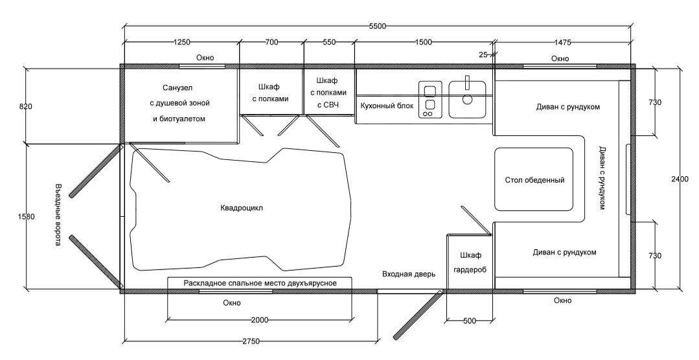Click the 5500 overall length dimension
pyautogui.click(x=377, y=27)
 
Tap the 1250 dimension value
pyautogui.click(x=181, y=42)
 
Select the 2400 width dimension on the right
pyautogui.click(x=680, y=179)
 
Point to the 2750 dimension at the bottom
pyautogui.click(x=251, y=341)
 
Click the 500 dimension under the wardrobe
pyautogui.click(x=470, y=321)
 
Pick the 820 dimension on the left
pyautogui.click(x=26, y=106)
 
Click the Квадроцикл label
pyautogui.click(x=242, y=208)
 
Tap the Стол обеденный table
pyautogui.click(x=534, y=179)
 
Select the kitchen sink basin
pyautogui.click(x=467, y=99)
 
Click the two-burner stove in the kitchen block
pyautogui.click(x=430, y=99)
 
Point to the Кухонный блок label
pyautogui.click(x=387, y=106)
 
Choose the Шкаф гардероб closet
pyautogui.click(x=470, y=262)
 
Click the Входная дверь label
pyautogui.click(x=408, y=274)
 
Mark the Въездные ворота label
pyautogui.click(x=58, y=215)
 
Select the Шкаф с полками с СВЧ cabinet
pyautogui.click(x=329, y=92)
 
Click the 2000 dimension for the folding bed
pyautogui.click(x=259, y=321)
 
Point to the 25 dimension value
pyautogui.click(x=483, y=55)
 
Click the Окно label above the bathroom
pyautogui.click(x=205, y=58)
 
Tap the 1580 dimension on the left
pyautogui.click(x=26, y=217)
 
